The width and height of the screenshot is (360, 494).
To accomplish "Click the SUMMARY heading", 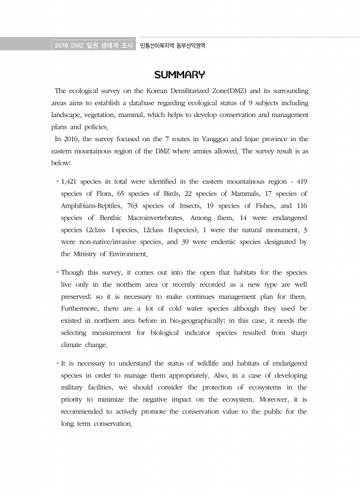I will [179, 75].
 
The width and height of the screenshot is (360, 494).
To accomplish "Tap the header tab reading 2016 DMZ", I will [68, 45].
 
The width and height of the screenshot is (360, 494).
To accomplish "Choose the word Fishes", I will [258, 206].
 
